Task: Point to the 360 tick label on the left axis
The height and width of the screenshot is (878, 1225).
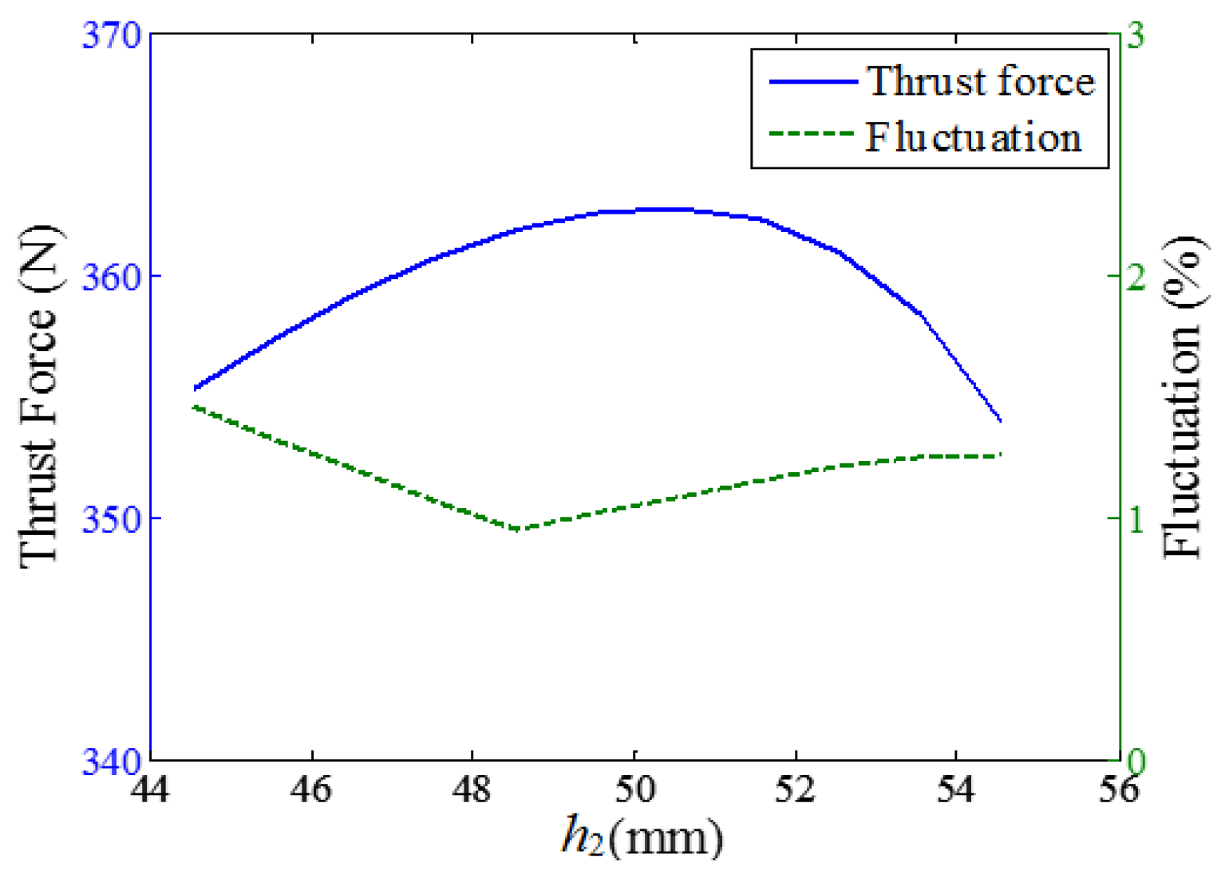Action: pos(110,277)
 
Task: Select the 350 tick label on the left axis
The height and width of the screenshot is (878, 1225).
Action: pos(110,519)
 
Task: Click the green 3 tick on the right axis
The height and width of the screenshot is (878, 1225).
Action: pos(1135,35)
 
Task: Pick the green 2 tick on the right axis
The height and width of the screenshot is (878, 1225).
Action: pos(1135,277)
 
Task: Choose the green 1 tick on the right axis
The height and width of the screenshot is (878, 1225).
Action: pos(1135,519)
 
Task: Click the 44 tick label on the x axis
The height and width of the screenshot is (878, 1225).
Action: pos(151,789)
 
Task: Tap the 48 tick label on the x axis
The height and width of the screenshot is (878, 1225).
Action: pos(472,789)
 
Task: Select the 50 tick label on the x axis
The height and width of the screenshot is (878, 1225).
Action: pos(634,789)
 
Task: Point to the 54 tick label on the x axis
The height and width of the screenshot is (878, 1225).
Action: pos(957,789)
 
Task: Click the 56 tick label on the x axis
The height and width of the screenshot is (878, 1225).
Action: pos(1118,789)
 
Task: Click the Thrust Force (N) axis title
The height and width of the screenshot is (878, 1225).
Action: pos(38,397)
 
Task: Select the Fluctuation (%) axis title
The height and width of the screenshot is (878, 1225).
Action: pos(1182,397)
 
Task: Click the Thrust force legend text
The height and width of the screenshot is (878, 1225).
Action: pos(980,81)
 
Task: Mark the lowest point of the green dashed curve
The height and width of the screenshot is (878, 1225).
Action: pos(517,530)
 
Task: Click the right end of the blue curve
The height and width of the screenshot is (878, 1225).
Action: pos(1001,420)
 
